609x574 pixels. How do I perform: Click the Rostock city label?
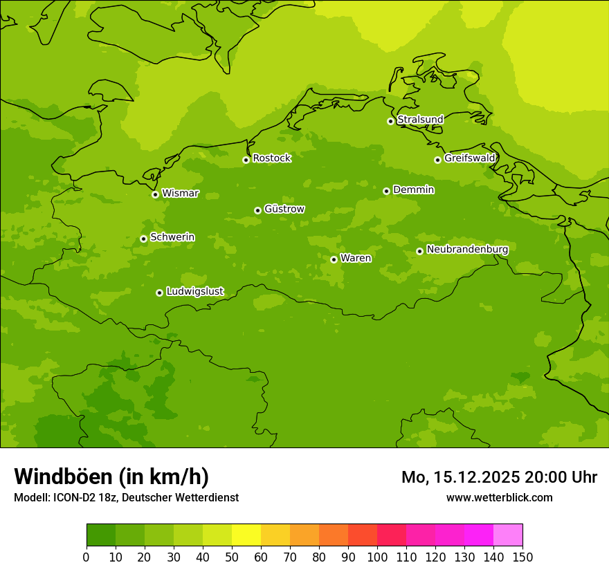(x=271, y=158)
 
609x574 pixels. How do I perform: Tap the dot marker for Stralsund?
(x=390, y=121)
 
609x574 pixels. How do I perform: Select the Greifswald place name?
(x=469, y=158)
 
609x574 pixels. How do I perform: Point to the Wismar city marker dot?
(x=156, y=194)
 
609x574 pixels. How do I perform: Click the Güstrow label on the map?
(x=284, y=209)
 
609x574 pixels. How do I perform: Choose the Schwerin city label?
(x=172, y=237)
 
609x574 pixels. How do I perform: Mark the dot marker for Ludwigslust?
(x=159, y=293)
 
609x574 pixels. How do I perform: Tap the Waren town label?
(x=356, y=258)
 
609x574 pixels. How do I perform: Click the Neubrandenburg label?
(x=467, y=250)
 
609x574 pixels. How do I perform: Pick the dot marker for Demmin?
(x=386, y=191)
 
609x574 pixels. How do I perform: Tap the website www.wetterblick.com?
(x=499, y=497)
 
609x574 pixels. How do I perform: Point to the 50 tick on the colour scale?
(x=232, y=557)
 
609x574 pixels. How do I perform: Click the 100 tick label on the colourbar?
(x=377, y=557)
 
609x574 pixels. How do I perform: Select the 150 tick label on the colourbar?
(x=522, y=557)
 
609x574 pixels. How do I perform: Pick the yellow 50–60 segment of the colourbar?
(x=246, y=535)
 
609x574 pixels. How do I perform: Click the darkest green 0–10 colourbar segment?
(x=101, y=535)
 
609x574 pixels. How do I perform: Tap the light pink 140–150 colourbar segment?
(x=508, y=535)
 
